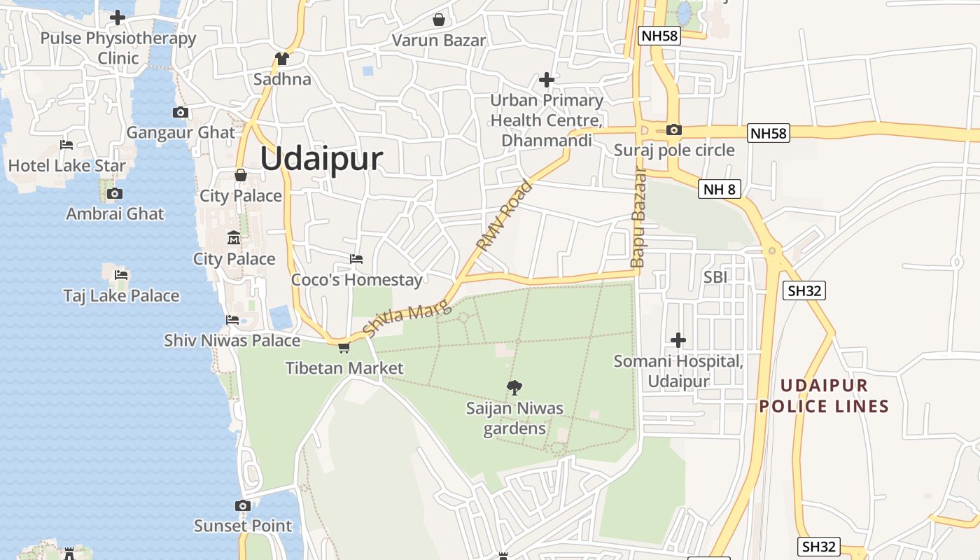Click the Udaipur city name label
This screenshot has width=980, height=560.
pyautogui.click(x=321, y=160)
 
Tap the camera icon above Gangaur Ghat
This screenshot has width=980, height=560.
pyautogui.click(x=180, y=112)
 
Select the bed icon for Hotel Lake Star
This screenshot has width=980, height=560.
pyautogui.click(x=66, y=145)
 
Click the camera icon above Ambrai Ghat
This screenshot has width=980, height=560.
pyautogui.click(x=115, y=193)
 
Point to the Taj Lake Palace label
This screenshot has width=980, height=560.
pyautogui.click(x=121, y=296)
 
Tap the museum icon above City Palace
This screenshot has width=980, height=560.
pyautogui.click(x=234, y=238)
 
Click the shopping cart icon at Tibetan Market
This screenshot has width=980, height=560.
pyautogui.click(x=344, y=347)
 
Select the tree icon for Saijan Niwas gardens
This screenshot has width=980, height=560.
pyautogui.click(x=514, y=386)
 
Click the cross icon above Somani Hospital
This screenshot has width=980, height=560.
pyautogui.click(x=678, y=340)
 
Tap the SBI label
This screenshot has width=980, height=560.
pyautogui.click(x=715, y=277)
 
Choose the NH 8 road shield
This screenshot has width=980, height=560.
pyautogui.click(x=719, y=189)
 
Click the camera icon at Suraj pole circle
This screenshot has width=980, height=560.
pyautogui.click(x=674, y=129)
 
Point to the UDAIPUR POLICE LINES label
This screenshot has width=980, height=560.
pyautogui.click(x=824, y=395)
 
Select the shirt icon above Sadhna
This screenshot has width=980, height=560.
pyautogui.click(x=282, y=59)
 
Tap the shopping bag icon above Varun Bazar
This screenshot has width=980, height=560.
pyautogui.click(x=439, y=20)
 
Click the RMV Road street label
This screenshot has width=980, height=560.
pyautogui.click(x=504, y=216)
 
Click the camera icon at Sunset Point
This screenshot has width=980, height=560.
pyautogui.click(x=242, y=505)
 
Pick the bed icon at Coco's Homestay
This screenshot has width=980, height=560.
pyautogui.click(x=356, y=259)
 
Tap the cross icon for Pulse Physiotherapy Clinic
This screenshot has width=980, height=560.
pyautogui.click(x=118, y=17)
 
